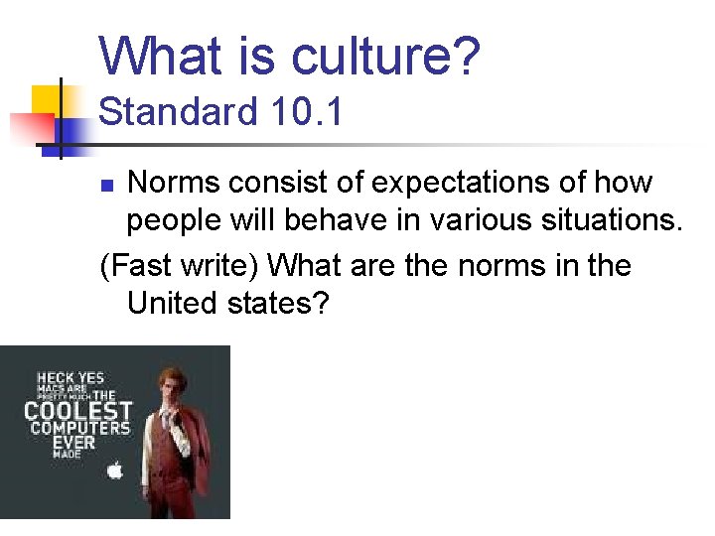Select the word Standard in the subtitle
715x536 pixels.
[x=165, y=111]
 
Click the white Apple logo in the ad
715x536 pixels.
[x=115, y=469]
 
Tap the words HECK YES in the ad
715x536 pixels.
[x=71, y=378]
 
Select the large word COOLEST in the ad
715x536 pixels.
[x=78, y=410]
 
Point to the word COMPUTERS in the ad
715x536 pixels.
[x=79, y=429]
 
